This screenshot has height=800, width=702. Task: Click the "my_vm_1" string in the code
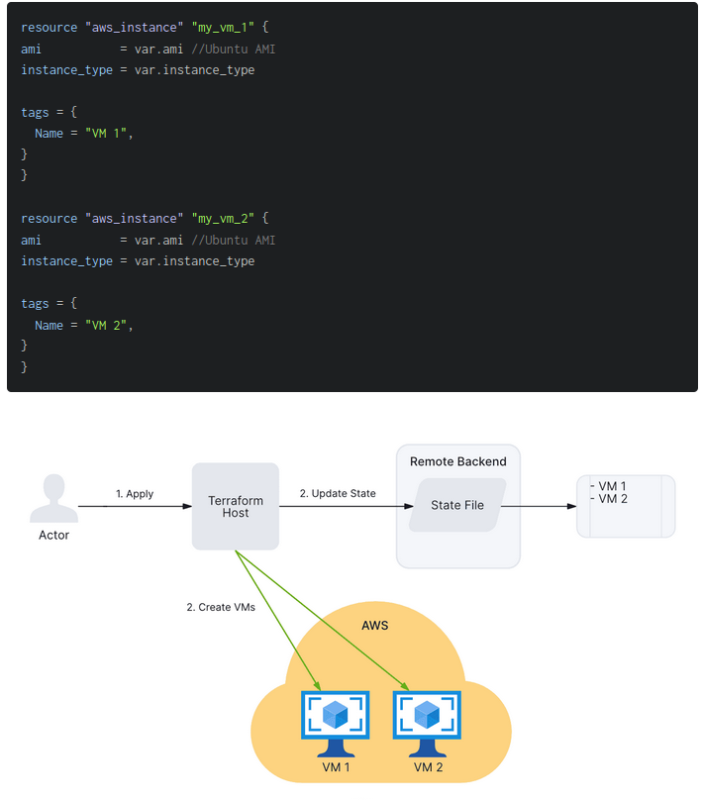227,28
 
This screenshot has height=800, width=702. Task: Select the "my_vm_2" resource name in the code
227,219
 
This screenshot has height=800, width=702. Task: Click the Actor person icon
53,498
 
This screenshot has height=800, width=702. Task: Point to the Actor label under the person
53,535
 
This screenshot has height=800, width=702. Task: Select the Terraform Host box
236,506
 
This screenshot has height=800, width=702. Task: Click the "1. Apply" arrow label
135,494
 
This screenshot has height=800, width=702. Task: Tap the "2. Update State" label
338,493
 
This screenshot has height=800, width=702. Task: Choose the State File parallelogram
457,505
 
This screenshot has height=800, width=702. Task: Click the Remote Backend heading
457,461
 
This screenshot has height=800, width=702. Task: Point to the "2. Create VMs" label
221,607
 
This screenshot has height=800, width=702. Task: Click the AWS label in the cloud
375,625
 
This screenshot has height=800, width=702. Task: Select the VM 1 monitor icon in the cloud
335,721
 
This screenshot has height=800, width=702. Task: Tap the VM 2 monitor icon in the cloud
428,721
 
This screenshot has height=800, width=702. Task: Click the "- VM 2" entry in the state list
610,499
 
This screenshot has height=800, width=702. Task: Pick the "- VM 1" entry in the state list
610,486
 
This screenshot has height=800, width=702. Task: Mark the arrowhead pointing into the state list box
571,506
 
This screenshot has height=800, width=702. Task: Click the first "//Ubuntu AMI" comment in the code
234,49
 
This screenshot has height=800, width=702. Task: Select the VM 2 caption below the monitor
428,767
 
